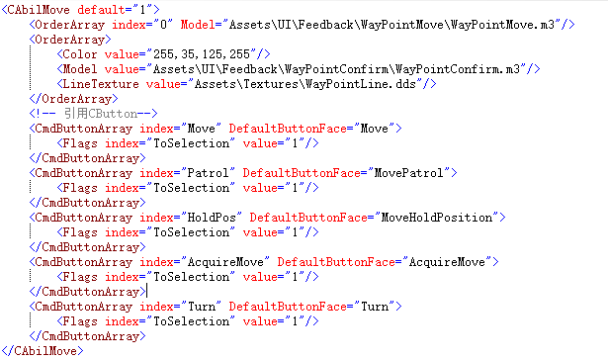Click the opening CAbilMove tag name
(x=39, y=10)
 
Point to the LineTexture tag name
(x=101, y=84)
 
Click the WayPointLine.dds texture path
(x=305, y=84)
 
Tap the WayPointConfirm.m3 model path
(x=336, y=69)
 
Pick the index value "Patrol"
(x=209, y=173)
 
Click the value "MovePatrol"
(x=408, y=173)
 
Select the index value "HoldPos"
(x=212, y=218)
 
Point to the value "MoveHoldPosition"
(x=437, y=218)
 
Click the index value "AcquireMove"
(x=225, y=262)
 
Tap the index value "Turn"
(x=202, y=307)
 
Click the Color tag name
(x=80, y=54)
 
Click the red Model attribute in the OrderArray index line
(x=198, y=25)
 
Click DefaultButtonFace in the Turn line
(x=288, y=307)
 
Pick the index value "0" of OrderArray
(x=164, y=25)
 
